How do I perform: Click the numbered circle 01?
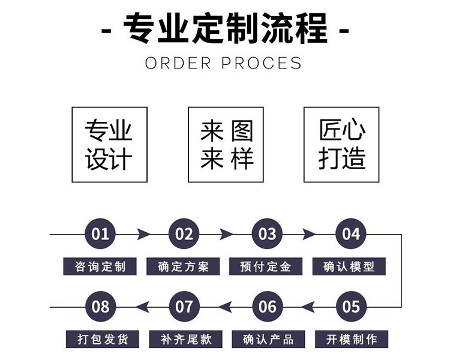(x=100, y=234)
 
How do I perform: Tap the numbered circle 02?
(x=184, y=234)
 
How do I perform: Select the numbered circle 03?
(x=267, y=234)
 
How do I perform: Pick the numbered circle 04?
(x=350, y=234)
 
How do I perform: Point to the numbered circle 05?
(x=350, y=307)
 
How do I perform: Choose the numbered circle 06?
(x=267, y=307)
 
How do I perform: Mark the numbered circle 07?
(x=184, y=307)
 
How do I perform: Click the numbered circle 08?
(x=100, y=307)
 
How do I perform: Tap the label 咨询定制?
(x=100, y=266)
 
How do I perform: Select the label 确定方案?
(x=184, y=266)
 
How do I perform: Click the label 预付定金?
(x=267, y=266)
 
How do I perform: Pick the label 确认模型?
(x=350, y=266)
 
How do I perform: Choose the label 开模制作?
(x=350, y=339)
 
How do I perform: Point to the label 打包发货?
(x=100, y=339)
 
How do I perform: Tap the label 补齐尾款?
(x=184, y=339)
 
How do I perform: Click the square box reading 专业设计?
(x=109, y=145)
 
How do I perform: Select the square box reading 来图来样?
(x=226, y=145)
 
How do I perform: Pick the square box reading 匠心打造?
(x=341, y=145)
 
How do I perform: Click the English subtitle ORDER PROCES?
(x=223, y=62)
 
